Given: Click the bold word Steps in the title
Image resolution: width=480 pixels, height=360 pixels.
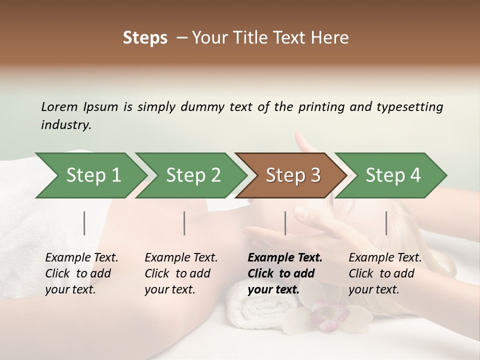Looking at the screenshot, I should coord(145,38).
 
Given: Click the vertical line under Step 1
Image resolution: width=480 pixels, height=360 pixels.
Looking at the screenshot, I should coord(84,223).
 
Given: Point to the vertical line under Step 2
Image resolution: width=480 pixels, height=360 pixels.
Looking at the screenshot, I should coord(184,223).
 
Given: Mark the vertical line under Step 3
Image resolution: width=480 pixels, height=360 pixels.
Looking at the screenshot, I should coord(285,223).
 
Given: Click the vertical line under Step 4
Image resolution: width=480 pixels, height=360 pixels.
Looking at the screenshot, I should coord(386,223).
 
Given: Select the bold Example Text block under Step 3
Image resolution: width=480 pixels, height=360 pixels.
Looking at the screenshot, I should coord(285,273).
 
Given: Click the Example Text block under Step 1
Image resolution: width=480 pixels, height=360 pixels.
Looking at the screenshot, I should coord(81,273).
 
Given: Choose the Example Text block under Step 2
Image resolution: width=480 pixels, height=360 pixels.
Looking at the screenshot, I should coord(181,273).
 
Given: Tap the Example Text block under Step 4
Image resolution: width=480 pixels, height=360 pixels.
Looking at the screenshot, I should coord(385,273).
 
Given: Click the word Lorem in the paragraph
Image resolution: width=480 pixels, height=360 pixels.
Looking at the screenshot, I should coord(59,107).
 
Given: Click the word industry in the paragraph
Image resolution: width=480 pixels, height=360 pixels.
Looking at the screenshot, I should coord(65,125).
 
